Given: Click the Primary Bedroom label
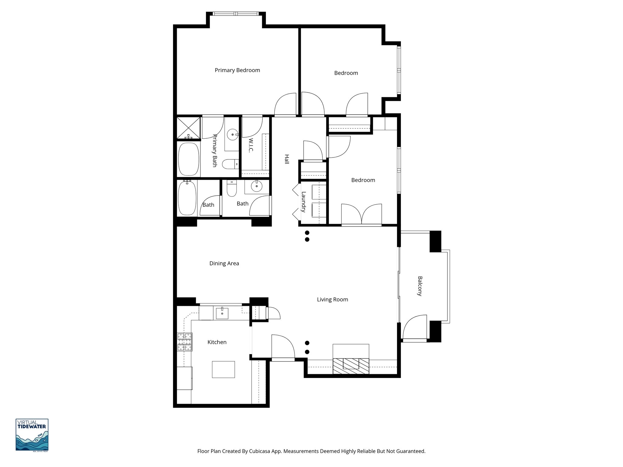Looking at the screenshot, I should tap(237, 70).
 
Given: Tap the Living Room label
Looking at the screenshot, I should tap(332, 299).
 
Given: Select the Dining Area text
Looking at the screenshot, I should tap(224, 263).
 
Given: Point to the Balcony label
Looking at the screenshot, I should tap(420, 286).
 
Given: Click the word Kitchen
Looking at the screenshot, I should tap(217, 342).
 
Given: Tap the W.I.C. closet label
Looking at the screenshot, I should tap(251, 146).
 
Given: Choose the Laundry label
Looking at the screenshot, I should tap(303, 202).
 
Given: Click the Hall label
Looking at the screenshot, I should tap(286, 159).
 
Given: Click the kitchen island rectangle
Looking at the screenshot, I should tap(223, 369).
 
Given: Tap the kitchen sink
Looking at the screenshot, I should tap(222, 313).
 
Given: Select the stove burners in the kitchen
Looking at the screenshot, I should tap(185, 342).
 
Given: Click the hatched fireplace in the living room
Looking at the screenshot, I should tap(351, 366).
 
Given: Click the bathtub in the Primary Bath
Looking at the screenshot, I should tap(189, 159).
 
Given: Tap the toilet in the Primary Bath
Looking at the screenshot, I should tap(231, 164).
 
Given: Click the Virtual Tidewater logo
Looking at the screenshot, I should tap(32, 435).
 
